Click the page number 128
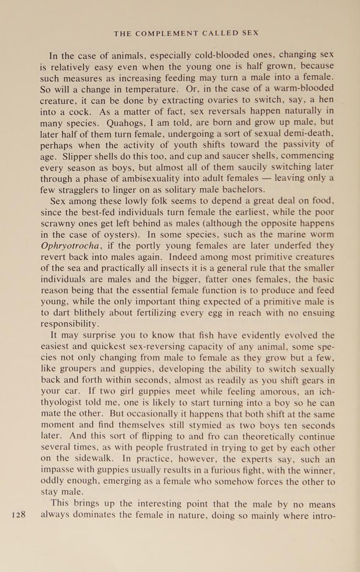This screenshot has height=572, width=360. [19, 515]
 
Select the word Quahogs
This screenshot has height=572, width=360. [123, 123]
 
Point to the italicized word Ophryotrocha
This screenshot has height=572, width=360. [70, 246]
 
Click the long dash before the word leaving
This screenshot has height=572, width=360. [266, 178]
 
